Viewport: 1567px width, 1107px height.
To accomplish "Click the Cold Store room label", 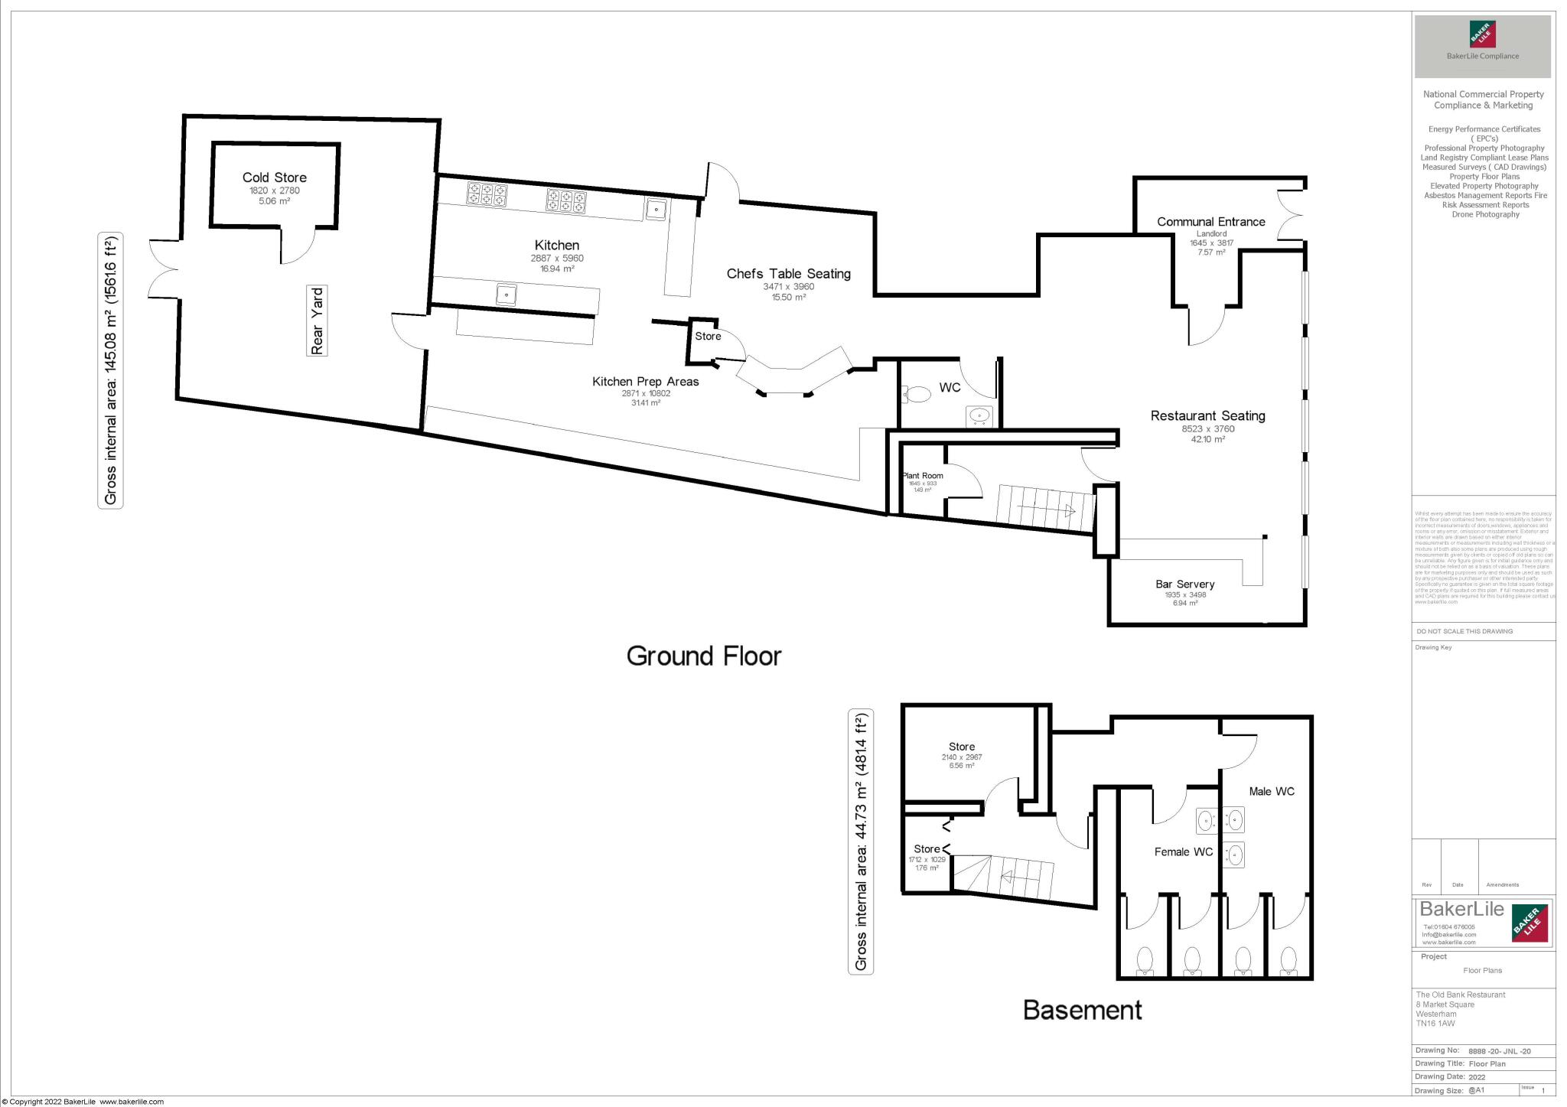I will pyautogui.click(x=274, y=177).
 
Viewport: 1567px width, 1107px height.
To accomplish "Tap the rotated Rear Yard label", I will pyautogui.click(x=318, y=321).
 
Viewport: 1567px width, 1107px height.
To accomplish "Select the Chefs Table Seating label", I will pyautogui.click(x=788, y=274).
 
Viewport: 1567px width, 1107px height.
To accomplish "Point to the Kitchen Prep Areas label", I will pyautogui.click(x=645, y=382).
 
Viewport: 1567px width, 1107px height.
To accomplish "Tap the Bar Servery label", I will pyautogui.click(x=1184, y=584).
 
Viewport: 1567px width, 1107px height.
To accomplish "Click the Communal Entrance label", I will pyautogui.click(x=1210, y=222).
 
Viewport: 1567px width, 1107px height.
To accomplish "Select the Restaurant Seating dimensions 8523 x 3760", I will pyautogui.click(x=1207, y=429).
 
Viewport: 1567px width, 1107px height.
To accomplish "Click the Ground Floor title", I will pyautogui.click(x=703, y=656).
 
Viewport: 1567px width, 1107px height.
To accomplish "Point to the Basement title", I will pyautogui.click(x=1082, y=1011).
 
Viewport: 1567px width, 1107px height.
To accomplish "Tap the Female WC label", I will pyautogui.click(x=1183, y=852).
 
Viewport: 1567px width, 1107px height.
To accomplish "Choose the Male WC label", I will pyautogui.click(x=1271, y=792).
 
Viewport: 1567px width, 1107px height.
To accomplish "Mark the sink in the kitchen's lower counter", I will pyautogui.click(x=506, y=295).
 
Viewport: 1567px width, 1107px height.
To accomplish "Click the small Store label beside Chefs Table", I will pyautogui.click(x=708, y=337).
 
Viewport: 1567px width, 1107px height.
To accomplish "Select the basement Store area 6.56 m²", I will pyautogui.click(x=962, y=766).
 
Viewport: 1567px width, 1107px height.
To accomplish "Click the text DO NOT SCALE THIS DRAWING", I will pyautogui.click(x=1464, y=631).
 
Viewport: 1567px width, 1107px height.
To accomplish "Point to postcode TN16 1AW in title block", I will pyautogui.click(x=1435, y=1024).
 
